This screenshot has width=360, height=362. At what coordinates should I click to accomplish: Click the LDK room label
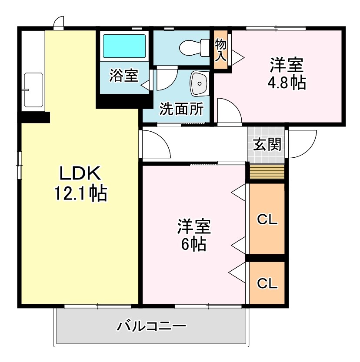click(x=80, y=174)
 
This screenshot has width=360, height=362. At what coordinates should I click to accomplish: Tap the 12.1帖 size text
click(x=80, y=193)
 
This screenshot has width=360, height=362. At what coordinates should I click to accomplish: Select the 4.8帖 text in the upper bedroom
click(x=286, y=82)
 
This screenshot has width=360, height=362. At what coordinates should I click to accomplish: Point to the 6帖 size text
click(x=193, y=245)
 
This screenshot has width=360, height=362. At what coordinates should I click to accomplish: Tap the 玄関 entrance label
click(x=267, y=144)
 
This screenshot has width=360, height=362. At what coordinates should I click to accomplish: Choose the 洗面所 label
click(x=181, y=109)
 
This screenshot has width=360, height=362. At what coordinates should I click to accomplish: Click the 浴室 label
click(x=123, y=76)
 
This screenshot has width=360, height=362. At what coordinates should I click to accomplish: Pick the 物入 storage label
click(x=220, y=49)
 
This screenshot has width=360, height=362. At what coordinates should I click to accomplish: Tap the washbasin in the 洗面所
click(x=200, y=83)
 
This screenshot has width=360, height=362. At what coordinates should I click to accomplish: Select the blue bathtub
click(x=124, y=46)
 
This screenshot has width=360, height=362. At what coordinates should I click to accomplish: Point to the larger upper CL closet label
click(x=267, y=220)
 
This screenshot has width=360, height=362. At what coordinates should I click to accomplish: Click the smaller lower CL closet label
click(x=267, y=283)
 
